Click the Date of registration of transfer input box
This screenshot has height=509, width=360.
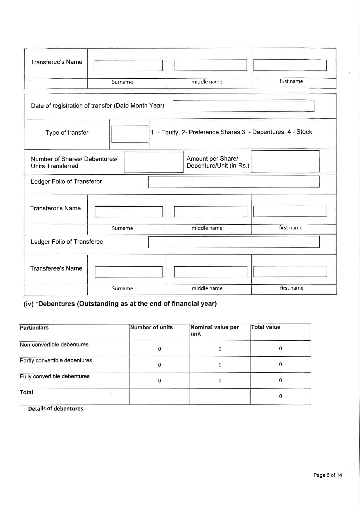[x=243, y=106]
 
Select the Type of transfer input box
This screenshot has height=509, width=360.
[x=130, y=134]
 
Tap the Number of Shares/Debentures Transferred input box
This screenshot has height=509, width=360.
[x=154, y=162]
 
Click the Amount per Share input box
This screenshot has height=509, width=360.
[x=285, y=161]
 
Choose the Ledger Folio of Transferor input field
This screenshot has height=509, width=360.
[x=233, y=182]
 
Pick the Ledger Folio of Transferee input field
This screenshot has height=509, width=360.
[x=233, y=242]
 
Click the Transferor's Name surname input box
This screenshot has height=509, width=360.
[x=129, y=212]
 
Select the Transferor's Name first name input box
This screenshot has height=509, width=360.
[x=290, y=211]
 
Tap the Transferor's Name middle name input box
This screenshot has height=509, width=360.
[x=210, y=212]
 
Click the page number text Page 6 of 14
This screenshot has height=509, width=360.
[x=327, y=475]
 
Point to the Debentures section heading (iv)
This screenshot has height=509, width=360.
[x=120, y=304]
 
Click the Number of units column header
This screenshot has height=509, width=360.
[x=151, y=328]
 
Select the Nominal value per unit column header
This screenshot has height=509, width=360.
[x=215, y=331]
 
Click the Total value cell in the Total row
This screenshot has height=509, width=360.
[x=280, y=396]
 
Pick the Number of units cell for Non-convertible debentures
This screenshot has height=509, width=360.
[x=159, y=349]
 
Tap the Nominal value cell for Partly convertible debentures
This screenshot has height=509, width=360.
[x=220, y=365]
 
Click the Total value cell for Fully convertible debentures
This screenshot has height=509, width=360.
[x=280, y=380]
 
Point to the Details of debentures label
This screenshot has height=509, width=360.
[x=55, y=409]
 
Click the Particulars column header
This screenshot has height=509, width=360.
[x=34, y=328]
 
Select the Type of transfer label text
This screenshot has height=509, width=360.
[x=67, y=133]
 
